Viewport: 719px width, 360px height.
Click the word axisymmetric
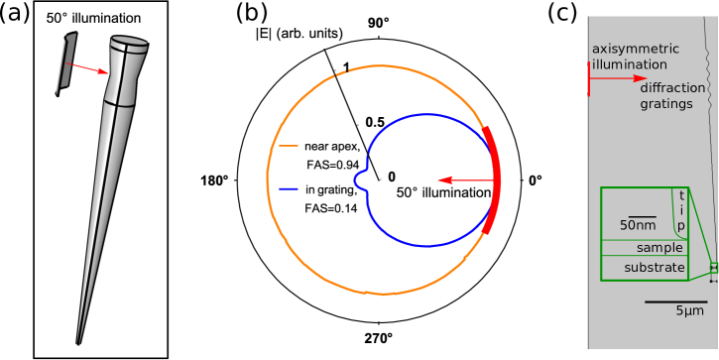click(636, 49)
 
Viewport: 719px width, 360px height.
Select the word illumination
click(629, 64)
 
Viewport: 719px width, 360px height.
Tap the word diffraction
click(672, 87)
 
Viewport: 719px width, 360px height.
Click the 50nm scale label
click(639, 226)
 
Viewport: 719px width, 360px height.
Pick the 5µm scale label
click(690, 311)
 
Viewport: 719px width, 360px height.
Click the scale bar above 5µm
click(675, 301)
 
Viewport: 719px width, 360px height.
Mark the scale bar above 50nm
click(642, 216)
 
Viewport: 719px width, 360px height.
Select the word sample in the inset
click(659, 248)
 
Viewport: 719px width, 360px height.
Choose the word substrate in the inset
click(655, 268)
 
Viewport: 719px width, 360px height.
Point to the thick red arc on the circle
click(493, 180)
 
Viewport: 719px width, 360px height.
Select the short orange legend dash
click(289, 146)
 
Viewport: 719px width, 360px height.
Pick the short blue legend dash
click(289, 188)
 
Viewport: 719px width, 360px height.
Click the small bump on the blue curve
click(359, 180)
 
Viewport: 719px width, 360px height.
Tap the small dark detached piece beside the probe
click(65, 63)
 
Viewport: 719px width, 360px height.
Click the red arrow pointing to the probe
click(88, 69)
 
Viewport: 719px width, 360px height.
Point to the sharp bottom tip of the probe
click(78, 342)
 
